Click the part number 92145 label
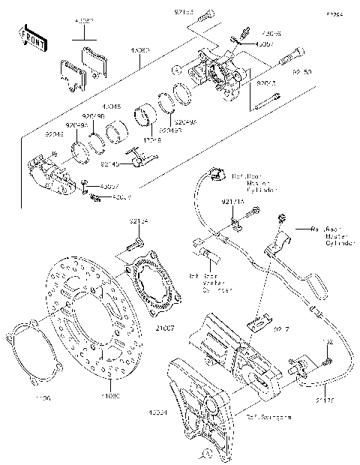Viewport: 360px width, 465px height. (x=110, y=163)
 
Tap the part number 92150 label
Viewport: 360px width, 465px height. (x=302, y=73)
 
